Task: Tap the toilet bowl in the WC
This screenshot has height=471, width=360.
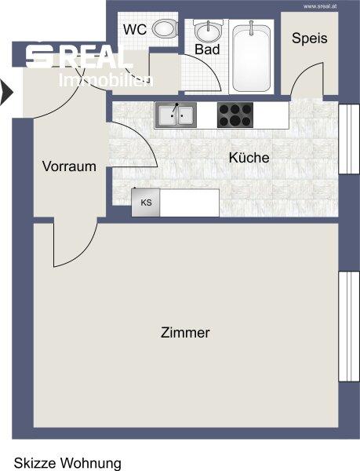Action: [163, 31]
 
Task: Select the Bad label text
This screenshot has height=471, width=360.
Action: [207, 49]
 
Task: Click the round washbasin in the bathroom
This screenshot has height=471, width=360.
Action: [208, 32]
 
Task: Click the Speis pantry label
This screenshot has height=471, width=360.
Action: [309, 38]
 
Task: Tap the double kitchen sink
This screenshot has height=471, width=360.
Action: [175, 115]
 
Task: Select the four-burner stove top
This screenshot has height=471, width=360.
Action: [233, 115]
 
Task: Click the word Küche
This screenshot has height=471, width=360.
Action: [249, 158]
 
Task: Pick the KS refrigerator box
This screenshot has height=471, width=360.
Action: [146, 203]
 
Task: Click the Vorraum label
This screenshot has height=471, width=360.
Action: [69, 166]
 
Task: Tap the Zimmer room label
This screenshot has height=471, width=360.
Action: [185, 333]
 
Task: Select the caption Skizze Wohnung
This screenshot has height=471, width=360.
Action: [67, 463]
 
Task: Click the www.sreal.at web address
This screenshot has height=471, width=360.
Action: [320, 5]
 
